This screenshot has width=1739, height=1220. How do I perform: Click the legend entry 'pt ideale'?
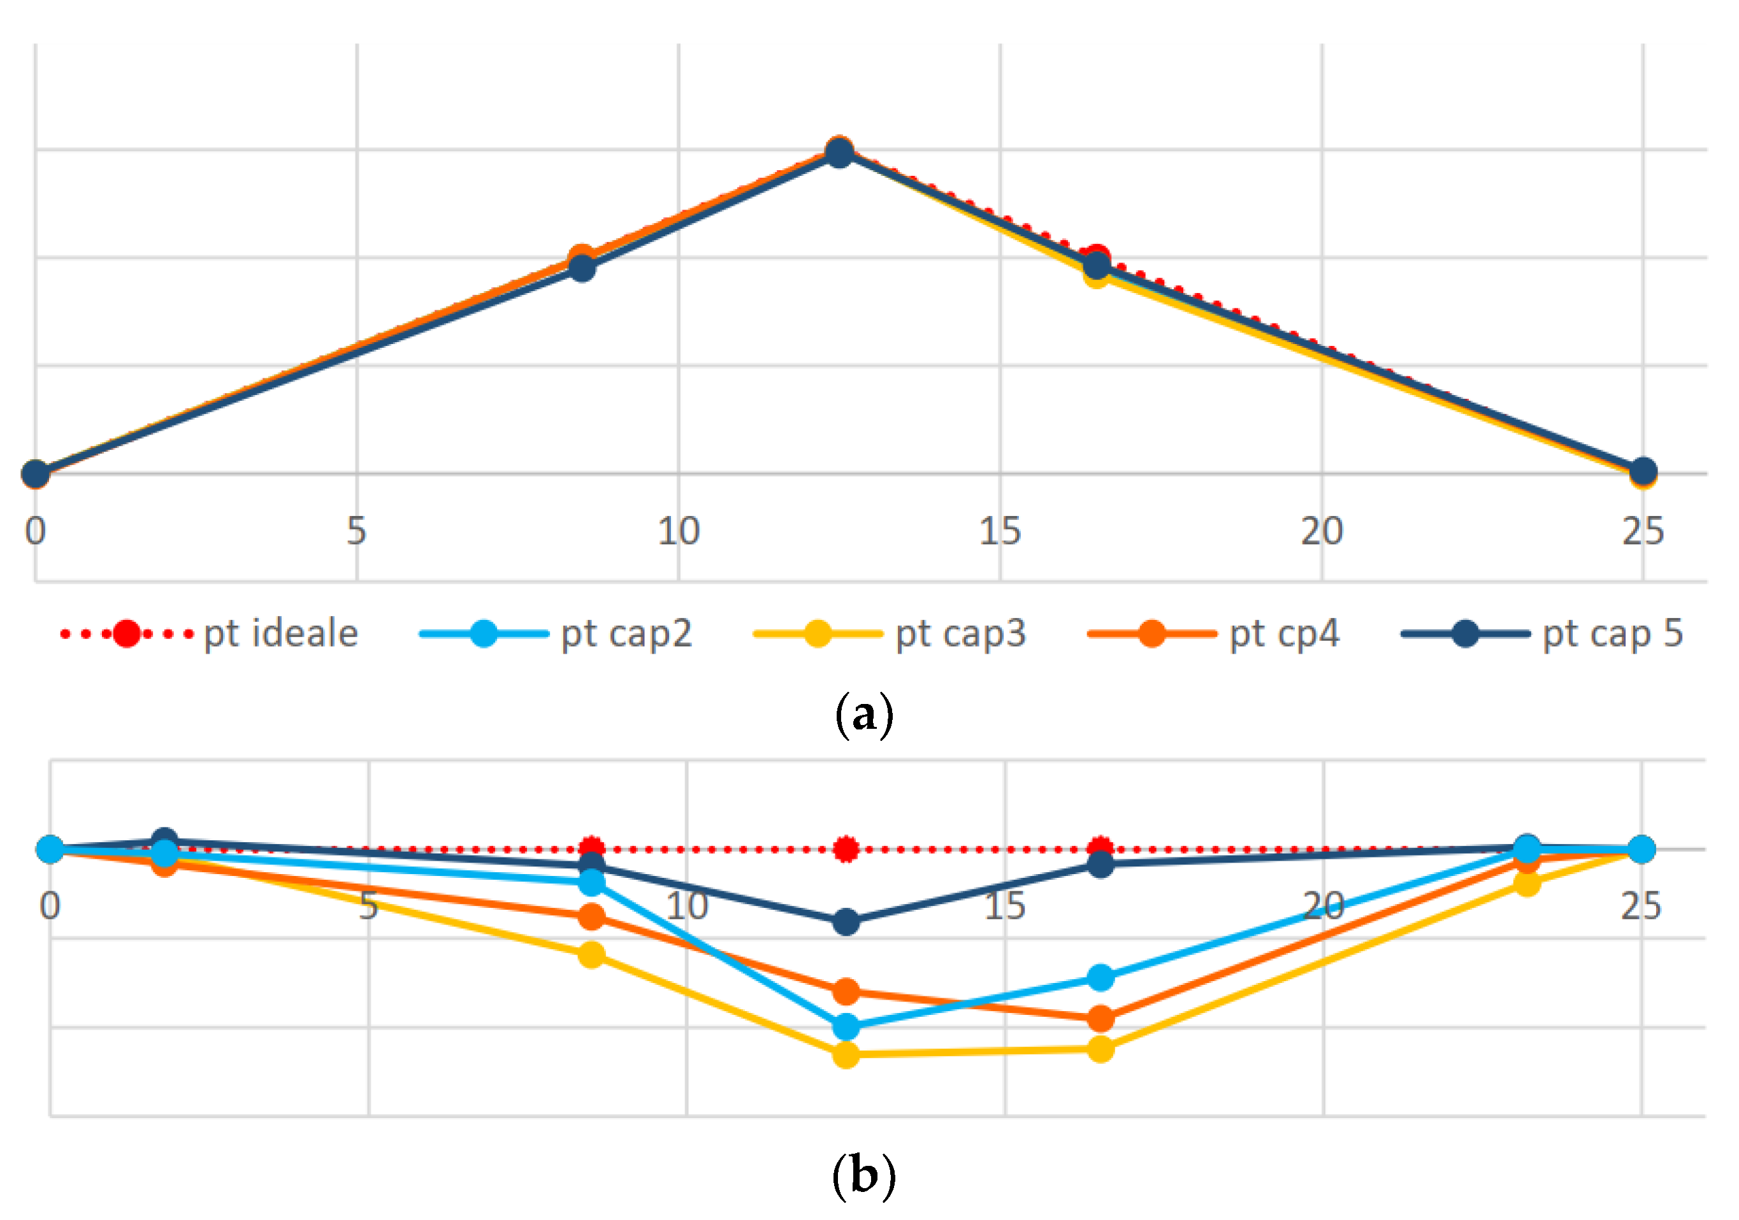coord(209,634)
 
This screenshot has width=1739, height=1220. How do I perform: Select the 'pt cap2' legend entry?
coord(556,634)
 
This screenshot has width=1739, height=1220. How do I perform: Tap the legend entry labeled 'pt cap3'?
coord(890,634)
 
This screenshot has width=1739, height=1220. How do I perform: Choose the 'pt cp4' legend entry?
coord(1213,634)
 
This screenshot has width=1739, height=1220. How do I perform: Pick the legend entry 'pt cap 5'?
coord(1542,634)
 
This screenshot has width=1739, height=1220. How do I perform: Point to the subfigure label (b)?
coord(864,1176)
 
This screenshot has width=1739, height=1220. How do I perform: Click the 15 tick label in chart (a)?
coord(1000,531)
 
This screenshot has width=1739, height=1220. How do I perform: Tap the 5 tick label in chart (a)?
coord(357,531)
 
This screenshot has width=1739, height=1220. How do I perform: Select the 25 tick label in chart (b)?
coord(1642,906)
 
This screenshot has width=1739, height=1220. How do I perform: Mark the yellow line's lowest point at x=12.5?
coord(846,1054)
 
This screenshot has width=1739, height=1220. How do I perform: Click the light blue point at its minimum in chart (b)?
coord(846,1027)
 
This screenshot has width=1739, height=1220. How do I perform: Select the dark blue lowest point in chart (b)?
coord(846,922)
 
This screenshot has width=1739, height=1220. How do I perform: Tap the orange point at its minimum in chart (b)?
coord(1100,1019)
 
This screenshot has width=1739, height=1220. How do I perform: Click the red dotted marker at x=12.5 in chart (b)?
coord(846,849)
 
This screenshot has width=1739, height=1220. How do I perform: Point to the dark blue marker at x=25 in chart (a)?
coord(1643,471)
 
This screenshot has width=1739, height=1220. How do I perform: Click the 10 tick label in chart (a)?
coord(679,531)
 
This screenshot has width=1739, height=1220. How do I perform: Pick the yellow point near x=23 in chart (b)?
coord(1527,883)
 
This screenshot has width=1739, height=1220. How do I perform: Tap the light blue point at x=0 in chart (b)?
coord(50,849)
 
